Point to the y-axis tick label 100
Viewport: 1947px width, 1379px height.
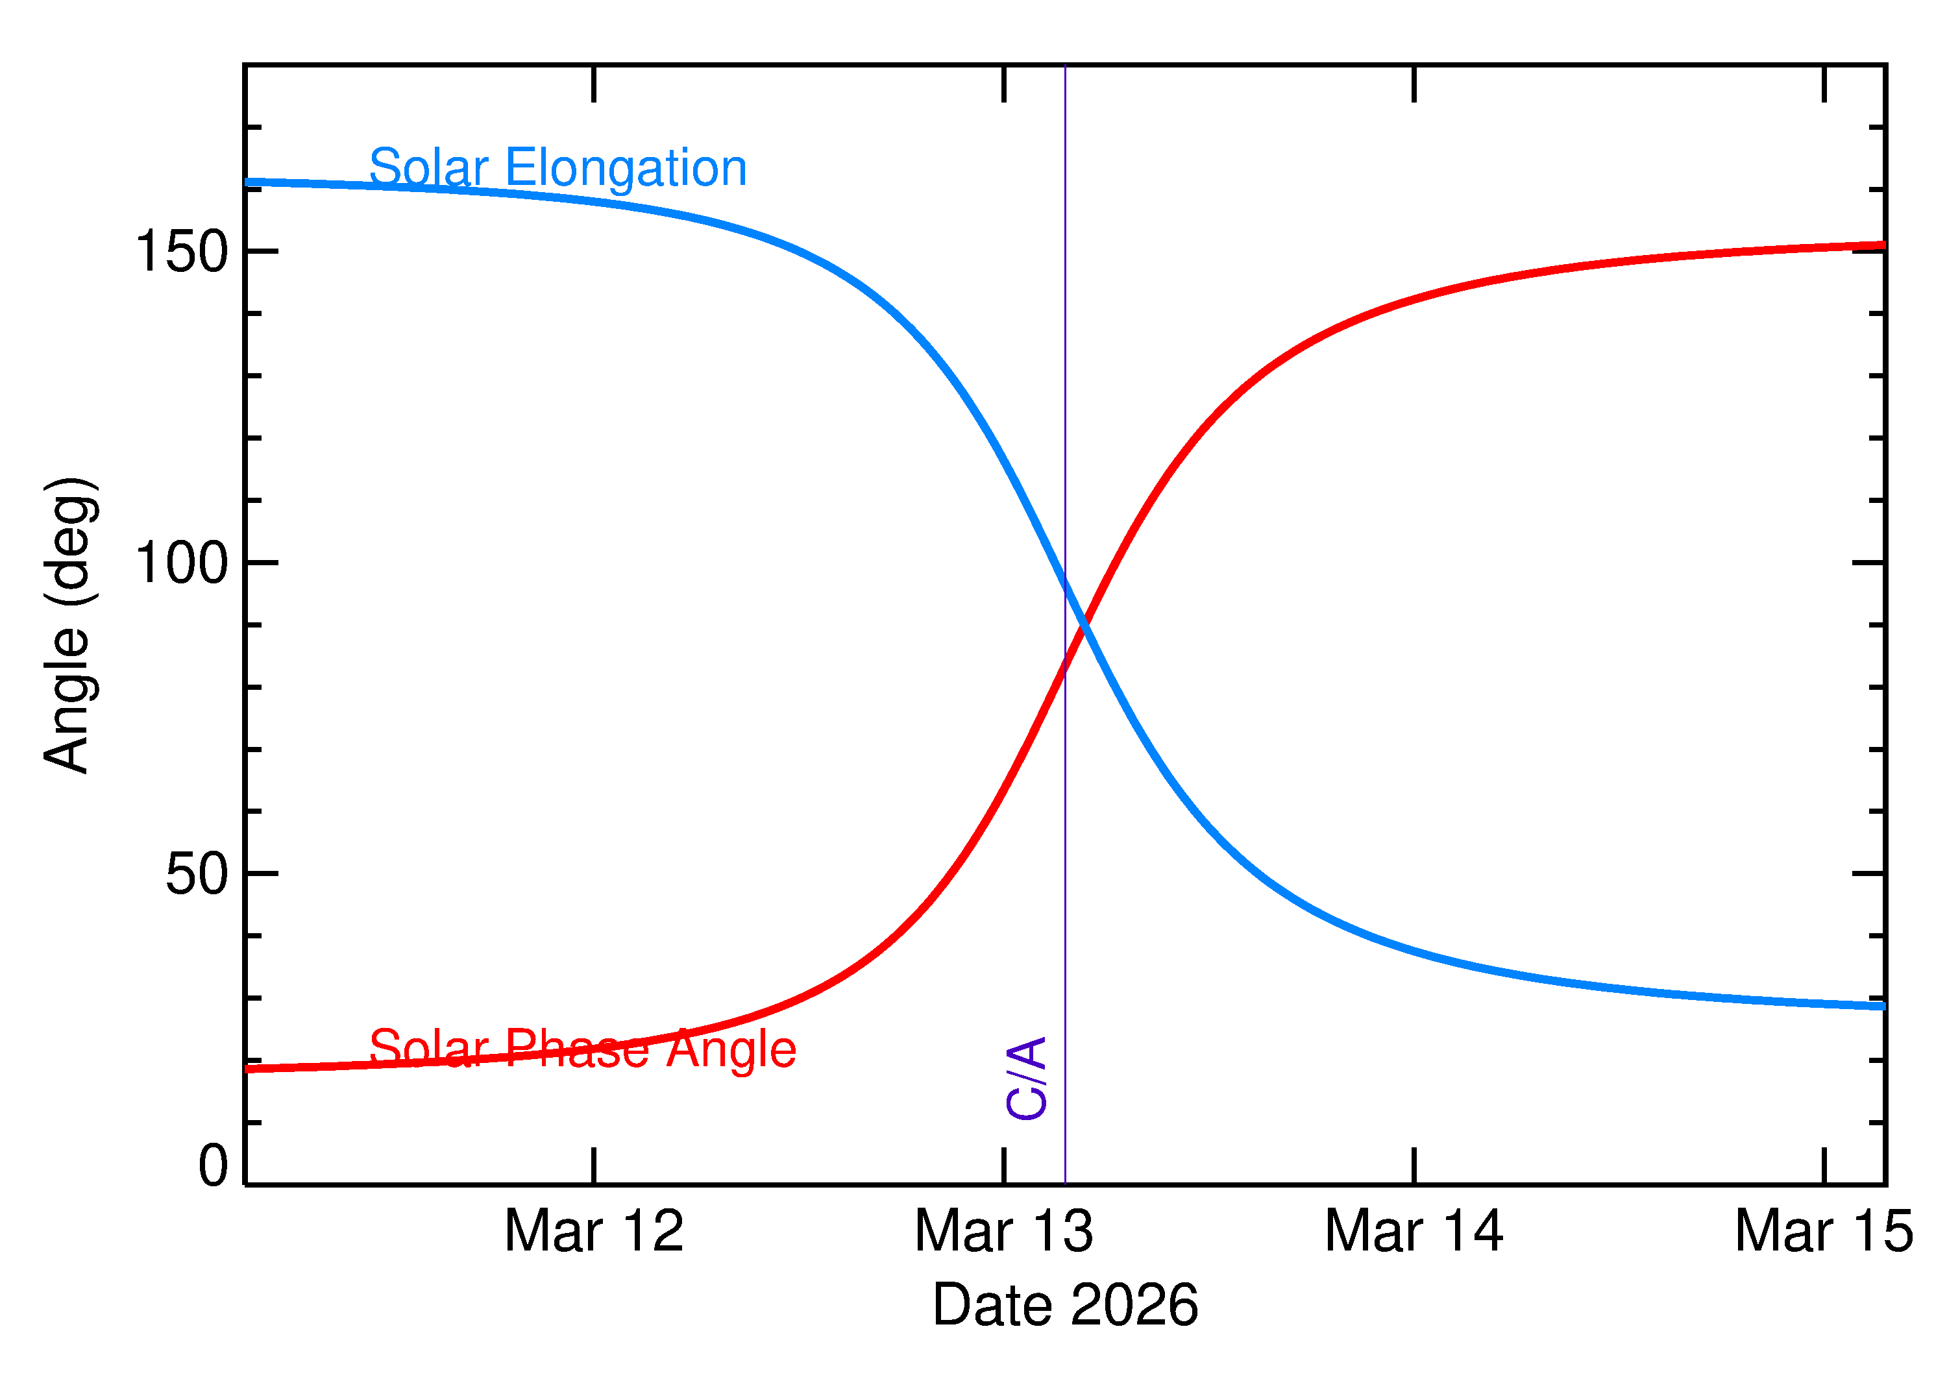pyautogui.click(x=182, y=563)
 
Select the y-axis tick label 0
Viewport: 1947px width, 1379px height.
pyautogui.click(x=213, y=1166)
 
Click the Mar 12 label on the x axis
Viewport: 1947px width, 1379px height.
pyautogui.click(x=594, y=1231)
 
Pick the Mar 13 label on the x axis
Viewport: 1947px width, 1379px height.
pyautogui.click(x=1003, y=1231)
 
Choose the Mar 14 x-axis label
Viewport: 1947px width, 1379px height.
pyautogui.click(x=1414, y=1231)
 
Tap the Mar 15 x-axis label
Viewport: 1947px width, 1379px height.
pyautogui.click(x=1824, y=1231)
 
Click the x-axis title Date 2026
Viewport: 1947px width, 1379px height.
pyautogui.click(x=1065, y=1305)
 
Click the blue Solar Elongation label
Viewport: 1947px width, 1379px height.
pyautogui.click(x=558, y=167)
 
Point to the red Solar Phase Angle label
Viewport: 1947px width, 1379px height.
pyautogui.click(x=583, y=1049)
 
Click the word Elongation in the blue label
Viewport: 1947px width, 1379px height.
pyautogui.click(x=626, y=167)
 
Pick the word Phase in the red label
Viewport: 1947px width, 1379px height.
pyautogui.click(x=578, y=1049)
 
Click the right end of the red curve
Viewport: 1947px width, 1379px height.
pyautogui.click(x=1883, y=245)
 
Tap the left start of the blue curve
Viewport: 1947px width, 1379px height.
pyautogui.click(x=248, y=182)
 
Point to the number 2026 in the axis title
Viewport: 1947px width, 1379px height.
pyautogui.click(x=1134, y=1305)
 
